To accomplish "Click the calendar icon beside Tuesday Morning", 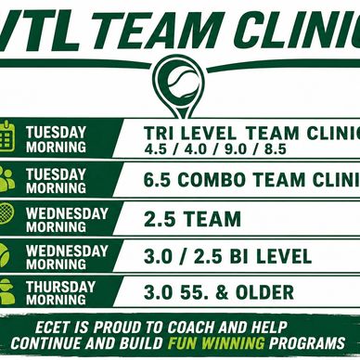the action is (6, 136).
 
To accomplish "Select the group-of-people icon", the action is (6, 179).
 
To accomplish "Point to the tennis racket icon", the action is (6, 212).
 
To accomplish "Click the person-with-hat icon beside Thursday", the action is (6, 290).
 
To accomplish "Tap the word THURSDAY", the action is (60, 287).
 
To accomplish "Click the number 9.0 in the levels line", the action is (236, 149).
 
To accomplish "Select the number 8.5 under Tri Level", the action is (276, 149).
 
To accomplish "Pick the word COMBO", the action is (212, 180).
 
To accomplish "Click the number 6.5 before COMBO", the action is (157, 180).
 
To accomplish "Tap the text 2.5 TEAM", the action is (192, 219).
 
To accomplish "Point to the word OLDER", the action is (264, 292).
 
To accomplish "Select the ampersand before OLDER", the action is (222, 292).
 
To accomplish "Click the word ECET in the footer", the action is (53, 328).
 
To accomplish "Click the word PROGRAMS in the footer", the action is (306, 343).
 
